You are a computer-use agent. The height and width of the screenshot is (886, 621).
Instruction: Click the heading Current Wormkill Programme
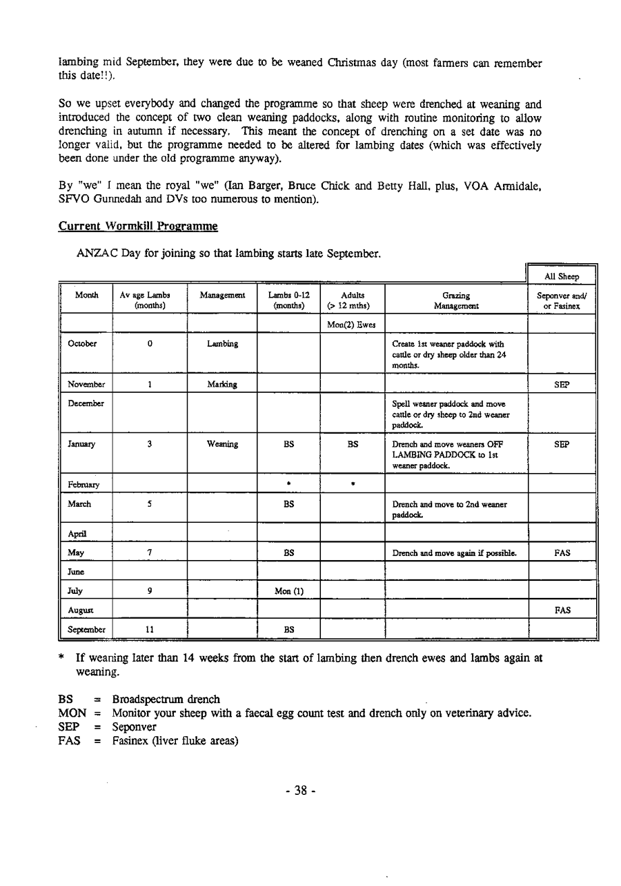click(x=138, y=226)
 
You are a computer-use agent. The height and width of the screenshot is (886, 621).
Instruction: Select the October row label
click(x=82, y=344)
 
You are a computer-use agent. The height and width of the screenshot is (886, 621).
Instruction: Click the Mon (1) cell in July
click(x=288, y=590)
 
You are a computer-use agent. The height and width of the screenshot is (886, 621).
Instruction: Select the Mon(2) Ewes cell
click(x=351, y=325)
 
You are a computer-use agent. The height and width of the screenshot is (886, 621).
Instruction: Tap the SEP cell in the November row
click(x=561, y=385)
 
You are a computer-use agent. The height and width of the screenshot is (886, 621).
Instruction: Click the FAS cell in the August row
click(x=561, y=610)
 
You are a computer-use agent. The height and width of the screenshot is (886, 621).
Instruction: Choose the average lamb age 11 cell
click(x=149, y=630)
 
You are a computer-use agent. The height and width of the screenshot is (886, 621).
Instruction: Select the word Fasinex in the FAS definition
click(x=131, y=742)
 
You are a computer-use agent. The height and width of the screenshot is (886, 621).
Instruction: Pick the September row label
click(x=86, y=630)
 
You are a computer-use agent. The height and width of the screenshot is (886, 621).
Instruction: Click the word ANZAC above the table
click(x=95, y=253)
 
